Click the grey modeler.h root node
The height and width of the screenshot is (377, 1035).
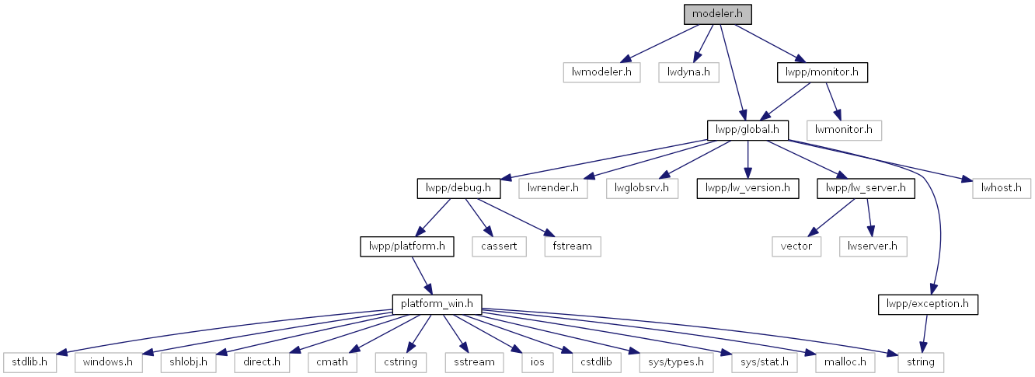pos(717,14)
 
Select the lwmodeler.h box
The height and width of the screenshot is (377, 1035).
pos(601,72)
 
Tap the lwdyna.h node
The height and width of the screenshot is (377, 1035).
pos(688,72)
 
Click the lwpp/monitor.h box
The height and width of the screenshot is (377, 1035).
pos(822,72)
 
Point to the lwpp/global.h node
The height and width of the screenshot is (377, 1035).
pos(747,131)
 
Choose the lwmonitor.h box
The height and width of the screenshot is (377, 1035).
pos(844,131)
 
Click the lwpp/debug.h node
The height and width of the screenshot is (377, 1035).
pos(458,188)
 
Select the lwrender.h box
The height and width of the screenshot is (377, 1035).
pos(553,188)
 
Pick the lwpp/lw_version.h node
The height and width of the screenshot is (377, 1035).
pos(747,188)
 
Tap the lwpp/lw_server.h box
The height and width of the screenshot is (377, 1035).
pos(866,188)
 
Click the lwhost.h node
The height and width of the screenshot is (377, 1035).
pos(1002,188)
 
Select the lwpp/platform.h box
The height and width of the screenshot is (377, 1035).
pos(407,246)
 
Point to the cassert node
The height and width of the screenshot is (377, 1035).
pos(499,246)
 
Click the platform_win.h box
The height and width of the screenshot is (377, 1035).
pos(437,305)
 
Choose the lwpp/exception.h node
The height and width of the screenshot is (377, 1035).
pos(928,305)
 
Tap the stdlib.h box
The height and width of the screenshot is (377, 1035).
pos(30,363)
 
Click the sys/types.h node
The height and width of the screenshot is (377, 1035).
pos(676,363)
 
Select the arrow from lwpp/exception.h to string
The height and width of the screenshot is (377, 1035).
pos(924,333)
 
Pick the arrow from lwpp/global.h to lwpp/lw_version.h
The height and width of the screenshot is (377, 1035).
pos(747,159)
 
